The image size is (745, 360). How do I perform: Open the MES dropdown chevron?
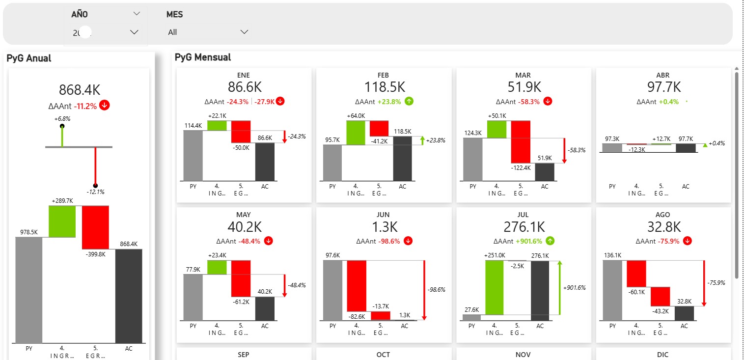point(244,32)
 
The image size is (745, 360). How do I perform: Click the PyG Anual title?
point(29,58)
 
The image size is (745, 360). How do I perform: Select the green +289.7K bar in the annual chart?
point(62,221)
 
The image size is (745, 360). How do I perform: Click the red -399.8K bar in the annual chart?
point(95,227)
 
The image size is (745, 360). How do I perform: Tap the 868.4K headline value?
point(80,90)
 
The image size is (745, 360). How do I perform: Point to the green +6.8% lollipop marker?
point(62,126)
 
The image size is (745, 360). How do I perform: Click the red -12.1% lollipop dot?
point(95,185)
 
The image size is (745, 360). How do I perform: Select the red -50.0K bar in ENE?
point(241,132)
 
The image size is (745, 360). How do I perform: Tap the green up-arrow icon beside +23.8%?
point(410,102)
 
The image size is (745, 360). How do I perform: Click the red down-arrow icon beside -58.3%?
point(548,102)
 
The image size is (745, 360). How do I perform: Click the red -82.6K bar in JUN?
point(357,285)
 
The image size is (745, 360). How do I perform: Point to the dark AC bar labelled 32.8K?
point(684,313)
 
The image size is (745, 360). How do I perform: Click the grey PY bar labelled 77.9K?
point(193,297)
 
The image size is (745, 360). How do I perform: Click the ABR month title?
point(663,75)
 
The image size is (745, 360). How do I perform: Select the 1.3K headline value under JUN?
point(384,227)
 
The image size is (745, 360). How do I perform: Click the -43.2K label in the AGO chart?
point(660,311)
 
